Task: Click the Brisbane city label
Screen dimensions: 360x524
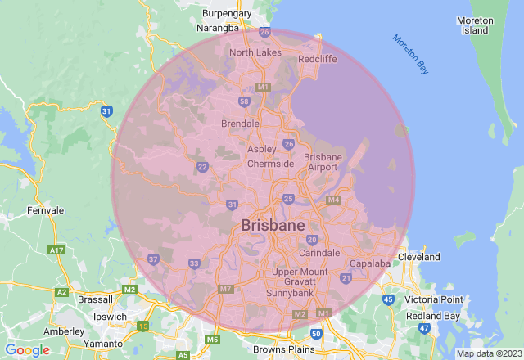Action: click(273, 225)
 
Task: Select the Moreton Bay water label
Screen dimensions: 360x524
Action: click(410, 54)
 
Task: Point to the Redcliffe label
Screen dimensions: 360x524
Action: click(318, 59)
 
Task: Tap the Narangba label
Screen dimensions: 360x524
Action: click(220, 27)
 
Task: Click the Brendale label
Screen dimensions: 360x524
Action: click(241, 124)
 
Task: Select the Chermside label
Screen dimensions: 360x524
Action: click(271, 164)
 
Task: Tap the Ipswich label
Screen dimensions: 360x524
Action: click(110, 316)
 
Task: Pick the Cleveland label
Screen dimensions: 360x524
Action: click(419, 257)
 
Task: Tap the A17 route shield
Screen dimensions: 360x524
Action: click(56, 250)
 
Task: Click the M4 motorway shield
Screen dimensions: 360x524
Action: click(333, 200)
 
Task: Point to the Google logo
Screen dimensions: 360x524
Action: click(27, 349)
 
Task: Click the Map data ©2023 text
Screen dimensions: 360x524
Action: click(488, 353)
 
